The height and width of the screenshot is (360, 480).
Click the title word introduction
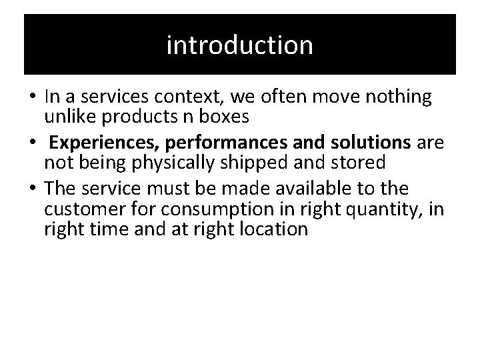click(x=239, y=45)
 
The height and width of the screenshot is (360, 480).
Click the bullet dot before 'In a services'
click(x=31, y=97)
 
